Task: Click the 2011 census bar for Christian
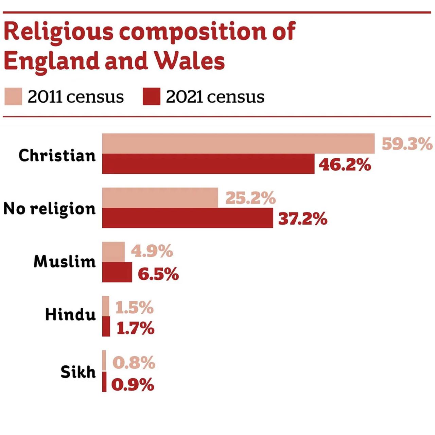point(238,143)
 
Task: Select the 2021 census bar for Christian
point(208,164)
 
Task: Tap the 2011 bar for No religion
point(160,197)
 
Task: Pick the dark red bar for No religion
point(187,218)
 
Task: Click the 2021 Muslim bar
point(117,272)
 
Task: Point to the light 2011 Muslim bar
point(113,252)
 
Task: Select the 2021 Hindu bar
point(106,327)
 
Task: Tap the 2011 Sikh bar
point(104,361)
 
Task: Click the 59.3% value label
point(407,144)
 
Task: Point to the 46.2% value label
point(345,165)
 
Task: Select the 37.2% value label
point(302,219)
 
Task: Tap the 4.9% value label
point(152,251)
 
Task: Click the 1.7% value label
point(135,328)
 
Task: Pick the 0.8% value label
point(134,363)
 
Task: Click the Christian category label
point(57,156)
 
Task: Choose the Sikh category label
point(78,372)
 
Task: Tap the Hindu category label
point(70,315)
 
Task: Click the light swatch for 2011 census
point(13,97)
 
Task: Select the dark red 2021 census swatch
point(151,97)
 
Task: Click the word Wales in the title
point(189,61)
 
